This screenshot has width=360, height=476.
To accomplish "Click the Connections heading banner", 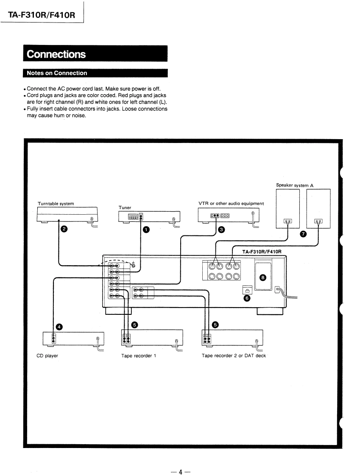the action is pos(95,54).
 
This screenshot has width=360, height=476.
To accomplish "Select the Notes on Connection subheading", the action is pos(95,73).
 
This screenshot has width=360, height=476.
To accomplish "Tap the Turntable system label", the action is pos(56,204).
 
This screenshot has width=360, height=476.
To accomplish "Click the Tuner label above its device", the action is pos(125,207).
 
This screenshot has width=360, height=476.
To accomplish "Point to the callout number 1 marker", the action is pos(146,230).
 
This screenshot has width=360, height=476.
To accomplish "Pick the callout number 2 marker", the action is pos(64,229).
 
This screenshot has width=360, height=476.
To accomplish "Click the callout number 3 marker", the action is pos(222,230).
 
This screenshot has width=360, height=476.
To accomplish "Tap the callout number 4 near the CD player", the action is pos(59,327).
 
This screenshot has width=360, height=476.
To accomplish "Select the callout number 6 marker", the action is pos(247,298).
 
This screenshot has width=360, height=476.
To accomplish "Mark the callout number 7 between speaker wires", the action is pos(303,234).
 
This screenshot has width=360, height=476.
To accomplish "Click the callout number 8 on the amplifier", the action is pos(263,277).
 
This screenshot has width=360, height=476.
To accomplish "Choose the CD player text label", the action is pos(47,356).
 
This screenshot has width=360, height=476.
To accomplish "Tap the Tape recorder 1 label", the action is pos(139,356).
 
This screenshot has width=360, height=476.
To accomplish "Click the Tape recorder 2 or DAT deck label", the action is pos(234,356).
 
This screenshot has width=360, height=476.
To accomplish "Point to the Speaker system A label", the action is pos(295,185).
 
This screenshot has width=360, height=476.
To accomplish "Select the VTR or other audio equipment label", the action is pos(231,204).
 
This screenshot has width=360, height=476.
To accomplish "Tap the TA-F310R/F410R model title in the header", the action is pos(42,15).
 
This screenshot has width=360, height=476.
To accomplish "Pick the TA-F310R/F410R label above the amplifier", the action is pos(262,252).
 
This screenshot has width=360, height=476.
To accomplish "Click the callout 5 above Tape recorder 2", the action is pos(215,325).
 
